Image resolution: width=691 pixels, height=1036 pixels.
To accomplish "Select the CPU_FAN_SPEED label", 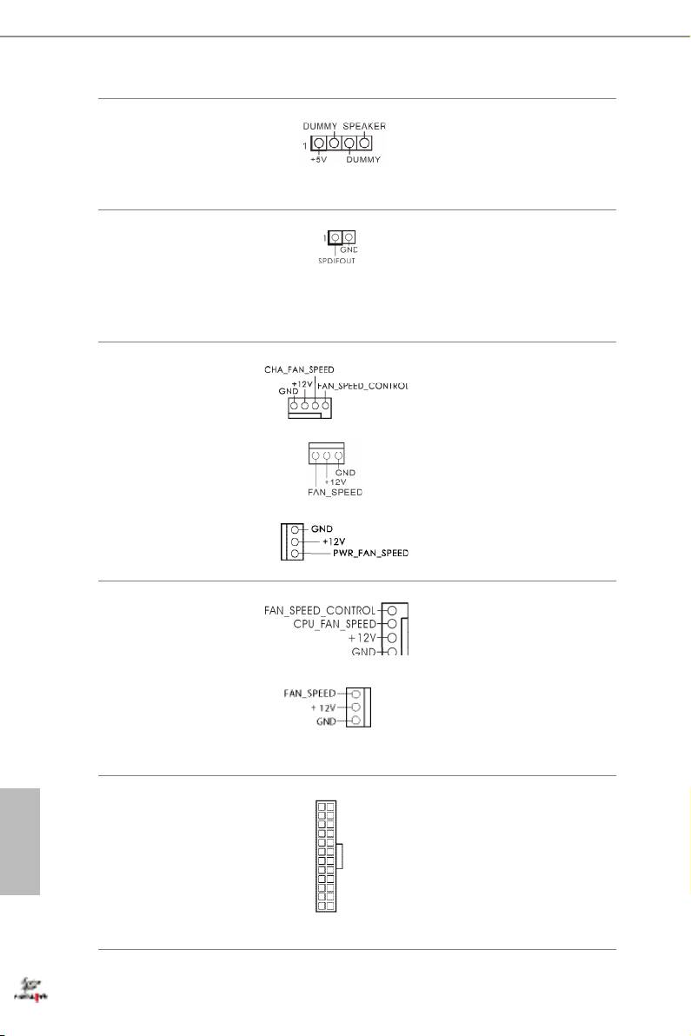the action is [x=335, y=624].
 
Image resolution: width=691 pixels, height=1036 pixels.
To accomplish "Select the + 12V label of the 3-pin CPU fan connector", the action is [x=325, y=707].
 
